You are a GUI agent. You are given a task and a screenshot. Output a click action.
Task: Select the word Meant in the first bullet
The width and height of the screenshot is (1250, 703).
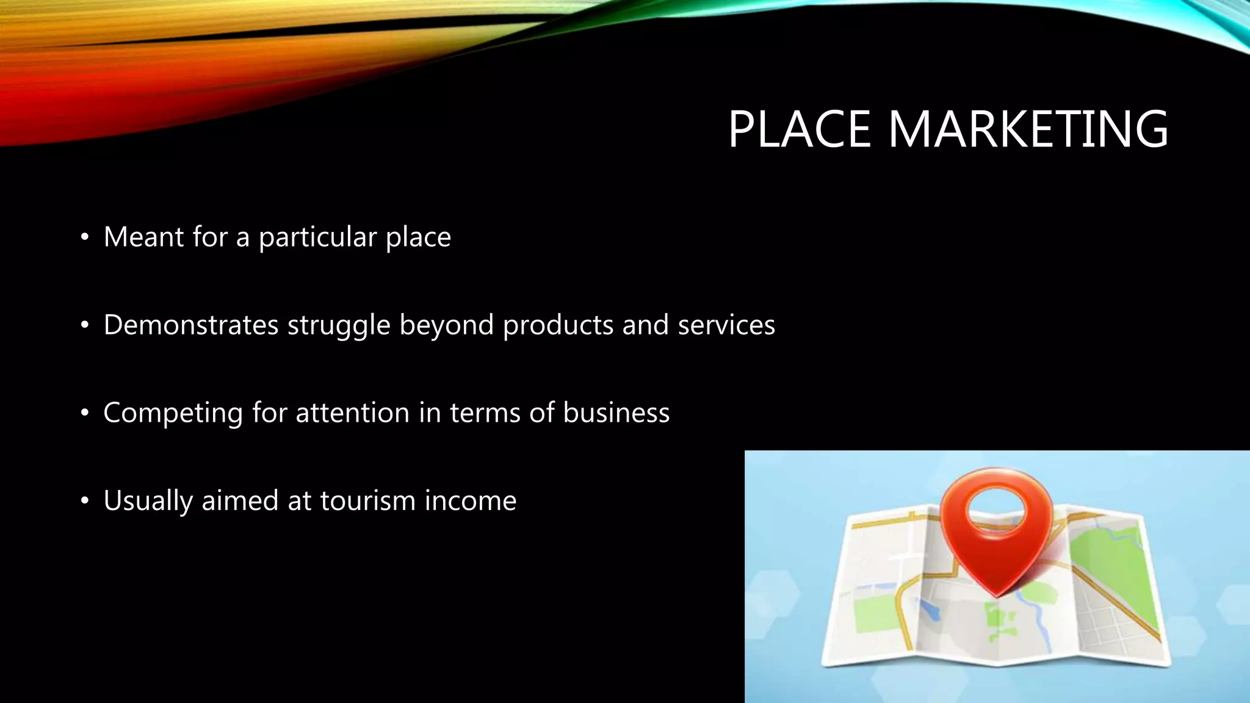[143, 237]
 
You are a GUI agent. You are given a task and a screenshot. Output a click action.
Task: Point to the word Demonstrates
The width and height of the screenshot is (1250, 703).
[191, 325]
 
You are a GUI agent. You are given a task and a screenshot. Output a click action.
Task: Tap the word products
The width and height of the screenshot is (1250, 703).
[558, 325]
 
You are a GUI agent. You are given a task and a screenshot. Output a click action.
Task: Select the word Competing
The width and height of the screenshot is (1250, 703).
[173, 414]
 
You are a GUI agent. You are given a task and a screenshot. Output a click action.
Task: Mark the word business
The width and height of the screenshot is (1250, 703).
[616, 413]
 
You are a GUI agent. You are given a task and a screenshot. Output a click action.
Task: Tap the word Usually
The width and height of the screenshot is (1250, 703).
[148, 502]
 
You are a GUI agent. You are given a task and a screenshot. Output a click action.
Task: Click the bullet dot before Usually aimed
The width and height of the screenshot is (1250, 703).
[85, 502]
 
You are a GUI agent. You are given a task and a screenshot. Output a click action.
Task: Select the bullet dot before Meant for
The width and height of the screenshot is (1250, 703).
[85, 238]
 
